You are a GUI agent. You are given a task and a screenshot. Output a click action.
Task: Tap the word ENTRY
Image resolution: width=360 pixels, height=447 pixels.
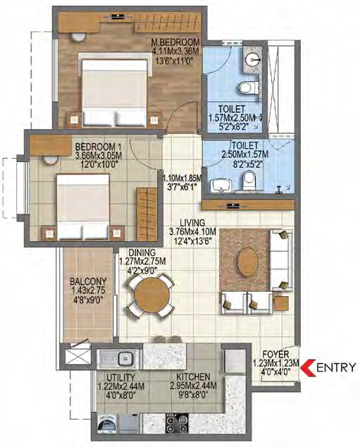tap(336, 367)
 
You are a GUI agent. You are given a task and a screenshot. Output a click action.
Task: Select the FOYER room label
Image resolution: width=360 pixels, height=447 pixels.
tap(275, 355)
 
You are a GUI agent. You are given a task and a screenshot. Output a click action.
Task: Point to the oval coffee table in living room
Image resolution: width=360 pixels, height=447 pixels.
tap(248, 262)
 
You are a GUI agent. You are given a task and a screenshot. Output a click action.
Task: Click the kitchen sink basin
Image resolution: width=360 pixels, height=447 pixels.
tap(125, 357)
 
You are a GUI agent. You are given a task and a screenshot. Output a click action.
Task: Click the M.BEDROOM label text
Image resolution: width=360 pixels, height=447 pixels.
tap(175, 43)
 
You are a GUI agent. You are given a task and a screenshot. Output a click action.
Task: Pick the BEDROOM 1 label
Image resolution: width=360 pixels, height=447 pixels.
tap(98, 147)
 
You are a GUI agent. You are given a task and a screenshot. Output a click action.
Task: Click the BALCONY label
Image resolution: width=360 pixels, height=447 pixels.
tap(88, 281)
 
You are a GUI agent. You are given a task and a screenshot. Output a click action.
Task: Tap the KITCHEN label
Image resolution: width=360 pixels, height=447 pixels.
tap(194, 377)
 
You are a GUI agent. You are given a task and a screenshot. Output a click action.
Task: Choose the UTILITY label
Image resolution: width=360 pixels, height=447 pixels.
tap(120, 377)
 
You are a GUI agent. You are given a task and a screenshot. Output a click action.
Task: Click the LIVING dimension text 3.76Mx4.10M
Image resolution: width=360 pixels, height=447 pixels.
tap(193, 231)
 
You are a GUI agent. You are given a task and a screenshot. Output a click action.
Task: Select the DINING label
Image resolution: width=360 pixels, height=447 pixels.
tap(142, 253)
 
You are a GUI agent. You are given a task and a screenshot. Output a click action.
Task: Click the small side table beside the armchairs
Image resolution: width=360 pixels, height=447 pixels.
tap(281, 303)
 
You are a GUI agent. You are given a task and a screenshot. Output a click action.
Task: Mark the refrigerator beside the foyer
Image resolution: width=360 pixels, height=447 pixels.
tap(235, 360)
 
